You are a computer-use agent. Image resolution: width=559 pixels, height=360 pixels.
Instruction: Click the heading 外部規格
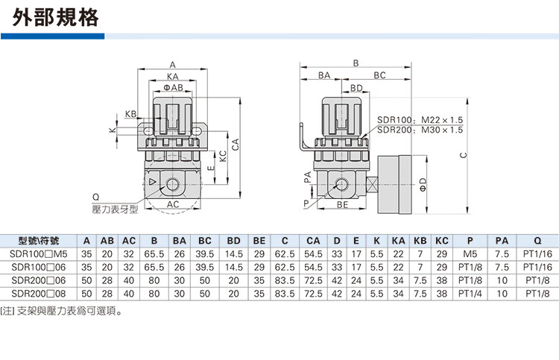click(x=57, y=17)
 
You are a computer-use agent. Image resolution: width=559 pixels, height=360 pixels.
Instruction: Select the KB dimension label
click(x=131, y=114)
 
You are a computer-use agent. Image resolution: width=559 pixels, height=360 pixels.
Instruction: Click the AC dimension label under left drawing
click(x=173, y=203)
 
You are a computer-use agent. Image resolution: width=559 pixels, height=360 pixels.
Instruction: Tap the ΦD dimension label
click(x=422, y=182)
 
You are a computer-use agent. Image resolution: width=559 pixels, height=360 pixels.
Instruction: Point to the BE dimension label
click(x=343, y=203)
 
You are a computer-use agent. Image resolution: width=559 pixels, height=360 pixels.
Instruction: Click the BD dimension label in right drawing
click(x=356, y=88)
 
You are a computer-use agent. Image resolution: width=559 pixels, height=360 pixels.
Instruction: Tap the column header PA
click(x=502, y=241)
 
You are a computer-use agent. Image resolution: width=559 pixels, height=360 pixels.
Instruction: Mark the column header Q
click(x=537, y=241)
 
